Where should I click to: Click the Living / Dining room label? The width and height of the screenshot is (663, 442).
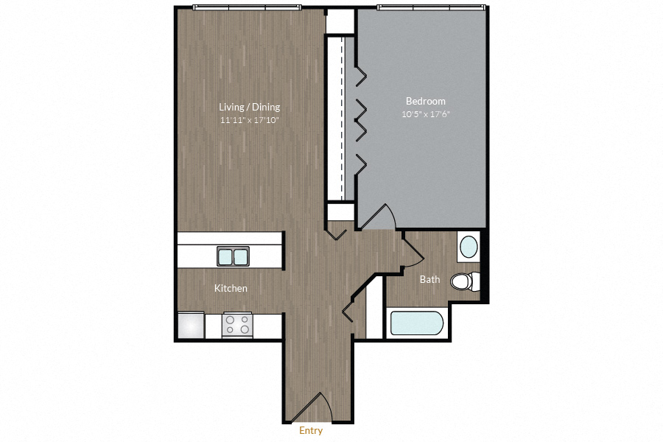pyautogui.click(x=249, y=107)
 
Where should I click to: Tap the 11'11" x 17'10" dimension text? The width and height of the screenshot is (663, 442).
pyautogui.click(x=249, y=120)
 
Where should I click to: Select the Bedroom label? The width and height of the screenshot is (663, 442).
pyautogui.click(x=426, y=101)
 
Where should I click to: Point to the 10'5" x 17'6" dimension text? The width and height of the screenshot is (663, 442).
pyautogui.click(x=426, y=114)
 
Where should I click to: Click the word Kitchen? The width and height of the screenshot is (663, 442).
pyautogui.click(x=231, y=288)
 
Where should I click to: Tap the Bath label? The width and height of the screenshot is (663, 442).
pyautogui.click(x=429, y=279)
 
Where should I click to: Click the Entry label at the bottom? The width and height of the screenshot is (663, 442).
pyautogui.click(x=311, y=431)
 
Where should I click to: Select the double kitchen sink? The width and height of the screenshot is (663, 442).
pyautogui.click(x=233, y=256)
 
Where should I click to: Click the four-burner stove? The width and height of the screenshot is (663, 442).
pyautogui.click(x=237, y=325)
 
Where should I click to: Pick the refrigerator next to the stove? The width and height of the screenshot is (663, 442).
pyautogui.click(x=191, y=325)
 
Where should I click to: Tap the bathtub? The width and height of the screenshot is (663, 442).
pyautogui.click(x=416, y=323)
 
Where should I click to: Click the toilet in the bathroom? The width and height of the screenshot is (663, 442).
pyautogui.click(x=464, y=281)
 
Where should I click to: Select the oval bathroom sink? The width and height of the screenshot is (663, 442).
pyautogui.click(x=468, y=246)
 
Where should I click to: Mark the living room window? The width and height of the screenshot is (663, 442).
pyautogui.click(x=247, y=8)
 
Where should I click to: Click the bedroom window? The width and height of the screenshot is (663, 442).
pyautogui.click(x=432, y=8)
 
